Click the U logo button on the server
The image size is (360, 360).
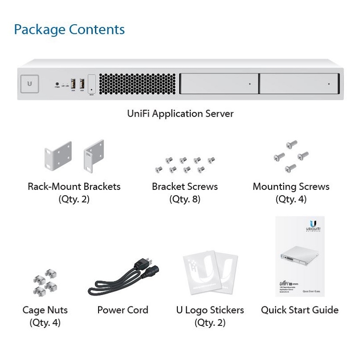pos(30,84)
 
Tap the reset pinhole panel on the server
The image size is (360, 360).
pos(92,84)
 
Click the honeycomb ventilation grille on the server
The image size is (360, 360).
pos(137,84)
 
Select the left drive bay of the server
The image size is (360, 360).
pos(218,84)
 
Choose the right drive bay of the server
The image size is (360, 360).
pos(298,84)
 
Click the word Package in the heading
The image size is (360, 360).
pos(39,30)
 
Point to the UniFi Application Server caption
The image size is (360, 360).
pos(180,113)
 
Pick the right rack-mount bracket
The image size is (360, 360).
pos(94,158)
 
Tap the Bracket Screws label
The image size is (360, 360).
pos(184,186)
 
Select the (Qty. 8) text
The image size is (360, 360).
pos(184,199)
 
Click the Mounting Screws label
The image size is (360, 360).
pos(291,186)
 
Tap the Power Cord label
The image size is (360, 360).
pos(122,310)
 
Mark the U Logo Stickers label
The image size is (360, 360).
pos(210,310)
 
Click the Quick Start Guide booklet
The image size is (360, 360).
pos(300,256)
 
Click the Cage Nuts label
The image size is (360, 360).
pos(45,310)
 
